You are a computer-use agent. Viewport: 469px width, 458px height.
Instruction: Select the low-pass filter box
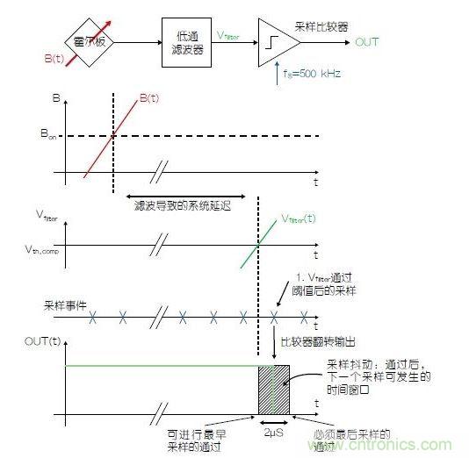[187, 41]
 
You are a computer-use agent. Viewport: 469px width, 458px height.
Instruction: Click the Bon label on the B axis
[50, 134]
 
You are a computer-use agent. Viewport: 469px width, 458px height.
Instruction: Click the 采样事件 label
[62, 308]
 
